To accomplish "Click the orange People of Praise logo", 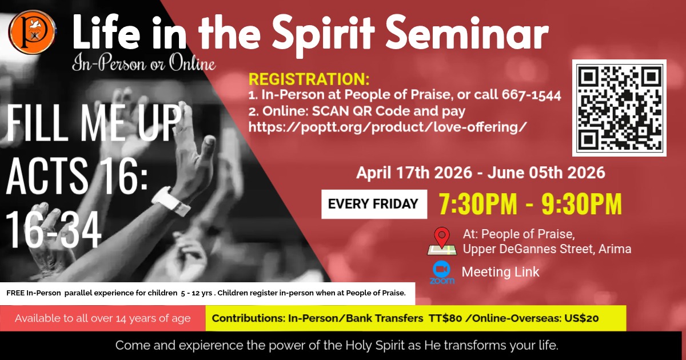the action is coord(32,32).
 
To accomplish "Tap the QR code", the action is coord(619,108).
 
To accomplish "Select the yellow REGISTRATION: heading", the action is coord(309,79).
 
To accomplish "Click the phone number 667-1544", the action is coord(531,95).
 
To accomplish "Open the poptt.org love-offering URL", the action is coord(388,127).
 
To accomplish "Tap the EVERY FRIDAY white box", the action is coord(374,204).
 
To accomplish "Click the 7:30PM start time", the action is coord(478,204).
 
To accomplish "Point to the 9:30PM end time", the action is coord(581,204).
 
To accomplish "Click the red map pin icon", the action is coord(442,237).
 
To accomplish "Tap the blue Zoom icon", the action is coord(442,272).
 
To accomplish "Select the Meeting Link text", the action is coord(500,272).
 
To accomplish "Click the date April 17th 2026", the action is coord(414,173).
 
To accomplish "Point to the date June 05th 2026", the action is coord(547,173).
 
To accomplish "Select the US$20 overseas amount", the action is coord(581,318).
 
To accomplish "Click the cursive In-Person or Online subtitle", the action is coord(144,63).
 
